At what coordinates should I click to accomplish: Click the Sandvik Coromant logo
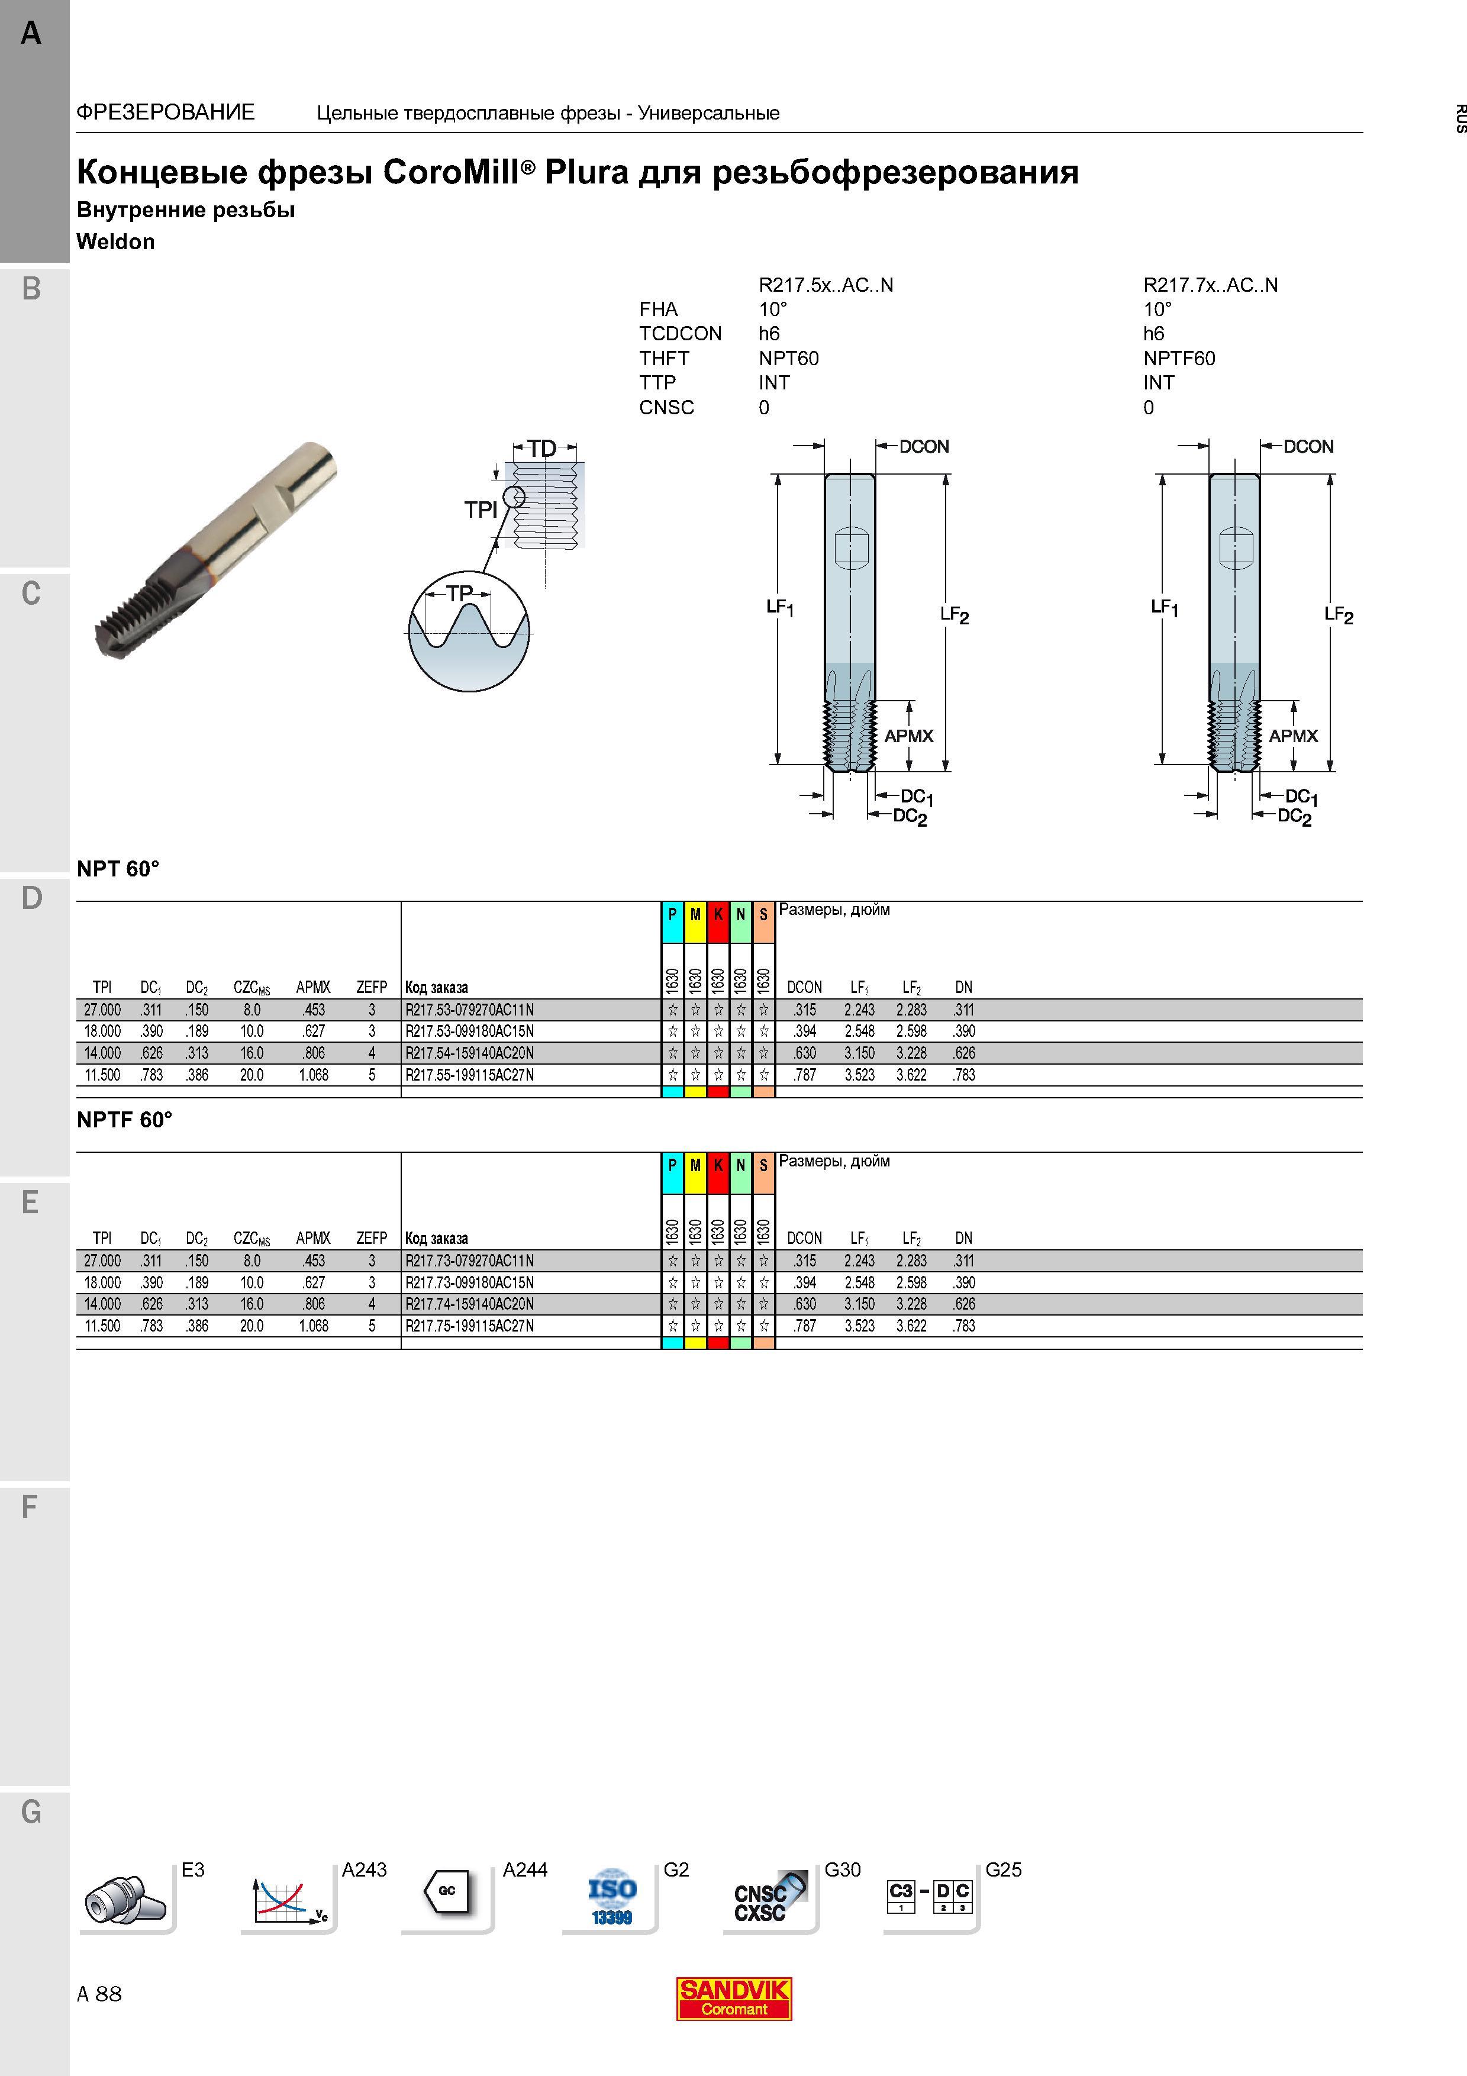(x=734, y=1998)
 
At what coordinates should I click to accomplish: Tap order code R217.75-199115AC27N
(x=469, y=1326)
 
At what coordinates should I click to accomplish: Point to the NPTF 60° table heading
(x=124, y=1120)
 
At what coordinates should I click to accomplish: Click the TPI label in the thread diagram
(x=481, y=510)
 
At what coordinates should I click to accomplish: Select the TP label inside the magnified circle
(x=459, y=593)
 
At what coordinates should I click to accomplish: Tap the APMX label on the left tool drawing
(x=908, y=736)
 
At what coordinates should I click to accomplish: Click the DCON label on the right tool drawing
(x=1308, y=447)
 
